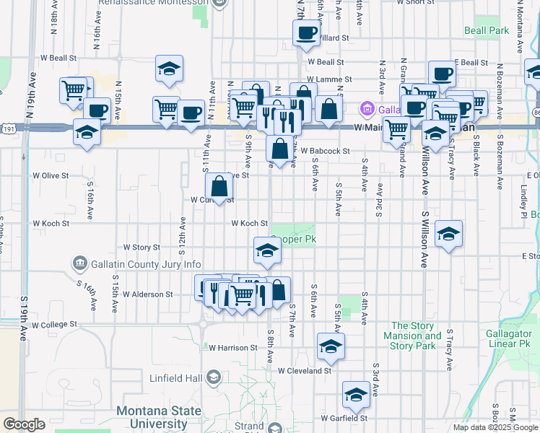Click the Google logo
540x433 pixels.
[x=24, y=424]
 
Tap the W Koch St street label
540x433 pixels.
[x=250, y=224]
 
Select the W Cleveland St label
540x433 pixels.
[x=304, y=371]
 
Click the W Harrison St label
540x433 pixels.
[x=233, y=348]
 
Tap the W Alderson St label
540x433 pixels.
[x=147, y=294]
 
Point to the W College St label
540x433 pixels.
[x=52, y=325]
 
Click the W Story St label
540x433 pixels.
[x=141, y=248]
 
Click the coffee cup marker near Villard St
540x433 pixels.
[x=306, y=32]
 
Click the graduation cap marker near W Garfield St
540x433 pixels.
[x=356, y=394]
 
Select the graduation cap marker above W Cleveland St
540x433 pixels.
[x=331, y=347]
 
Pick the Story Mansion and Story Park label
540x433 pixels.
[x=416, y=336]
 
